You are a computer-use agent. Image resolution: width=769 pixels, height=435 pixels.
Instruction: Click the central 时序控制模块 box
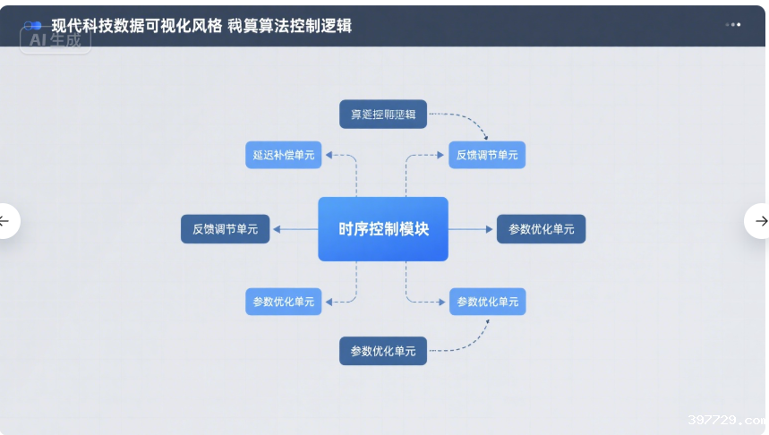coord(383,229)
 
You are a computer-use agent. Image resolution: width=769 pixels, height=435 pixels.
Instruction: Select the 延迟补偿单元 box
coord(284,155)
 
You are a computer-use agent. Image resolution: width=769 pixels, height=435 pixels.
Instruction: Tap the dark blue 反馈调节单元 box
coord(226,229)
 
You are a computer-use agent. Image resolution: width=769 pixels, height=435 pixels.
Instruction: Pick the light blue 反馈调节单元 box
coord(487,155)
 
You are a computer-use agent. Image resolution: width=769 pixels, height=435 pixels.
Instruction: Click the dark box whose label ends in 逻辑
coord(383,115)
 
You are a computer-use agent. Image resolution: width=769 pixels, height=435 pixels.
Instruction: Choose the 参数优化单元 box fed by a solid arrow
coord(542,229)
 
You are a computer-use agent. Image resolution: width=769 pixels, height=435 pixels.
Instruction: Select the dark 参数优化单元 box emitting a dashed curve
coord(383,351)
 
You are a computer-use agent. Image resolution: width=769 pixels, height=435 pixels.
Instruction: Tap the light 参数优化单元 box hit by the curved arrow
coord(487,302)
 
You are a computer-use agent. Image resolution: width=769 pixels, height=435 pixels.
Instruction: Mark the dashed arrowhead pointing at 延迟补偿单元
coord(329,155)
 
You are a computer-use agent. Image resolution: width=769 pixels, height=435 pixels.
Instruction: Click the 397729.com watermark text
coord(726,420)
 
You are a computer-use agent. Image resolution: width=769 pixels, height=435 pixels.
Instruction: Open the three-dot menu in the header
coord(733,25)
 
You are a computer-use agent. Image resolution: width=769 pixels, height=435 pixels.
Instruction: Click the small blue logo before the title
coord(34,26)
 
